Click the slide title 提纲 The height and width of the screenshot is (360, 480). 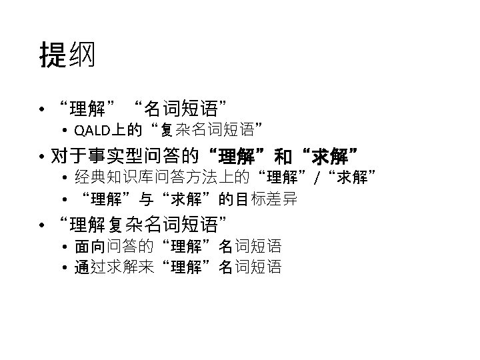point(67,55)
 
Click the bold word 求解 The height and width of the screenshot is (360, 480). point(331,157)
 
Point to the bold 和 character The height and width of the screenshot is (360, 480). point(283,157)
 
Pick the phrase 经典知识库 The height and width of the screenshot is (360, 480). point(107,179)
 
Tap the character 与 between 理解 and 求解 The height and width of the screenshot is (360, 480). point(145,199)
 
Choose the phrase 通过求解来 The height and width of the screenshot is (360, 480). point(115,267)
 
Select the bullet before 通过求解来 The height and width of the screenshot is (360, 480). point(68,268)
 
